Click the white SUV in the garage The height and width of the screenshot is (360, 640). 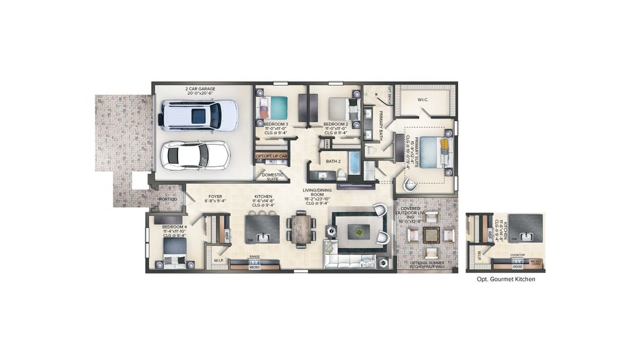[199, 115]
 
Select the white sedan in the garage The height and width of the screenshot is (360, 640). [196, 155]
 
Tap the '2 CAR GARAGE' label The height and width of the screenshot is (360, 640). [200, 89]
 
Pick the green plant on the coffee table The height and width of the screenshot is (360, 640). [359, 231]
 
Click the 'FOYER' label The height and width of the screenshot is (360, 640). [215, 196]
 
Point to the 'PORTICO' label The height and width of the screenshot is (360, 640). [167, 199]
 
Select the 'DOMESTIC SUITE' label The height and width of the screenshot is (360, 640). [273, 176]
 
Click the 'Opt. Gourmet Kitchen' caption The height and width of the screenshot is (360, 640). [501, 279]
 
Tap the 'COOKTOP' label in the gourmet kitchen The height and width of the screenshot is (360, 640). [516, 255]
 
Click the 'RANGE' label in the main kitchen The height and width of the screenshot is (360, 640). [254, 256]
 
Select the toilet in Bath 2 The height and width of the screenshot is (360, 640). [340, 175]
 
